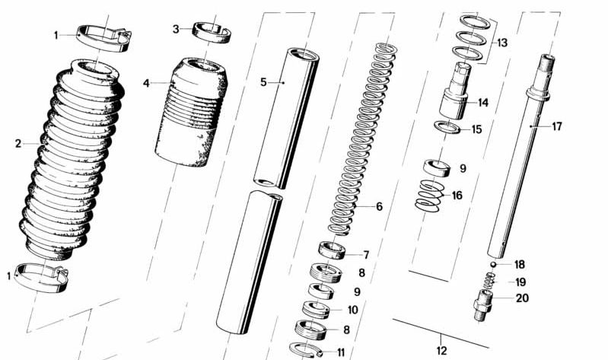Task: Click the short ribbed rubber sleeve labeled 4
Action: tap(192, 114)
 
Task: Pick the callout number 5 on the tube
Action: tap(264, 81)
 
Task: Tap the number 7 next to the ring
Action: tap(365, 255)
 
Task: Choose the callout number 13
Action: tap(501, 43)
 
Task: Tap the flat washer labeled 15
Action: tap(449, 127)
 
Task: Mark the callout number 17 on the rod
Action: tap(557, 126)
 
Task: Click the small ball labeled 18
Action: tap(493, 264)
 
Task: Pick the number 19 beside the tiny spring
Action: tap(520, 282)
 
